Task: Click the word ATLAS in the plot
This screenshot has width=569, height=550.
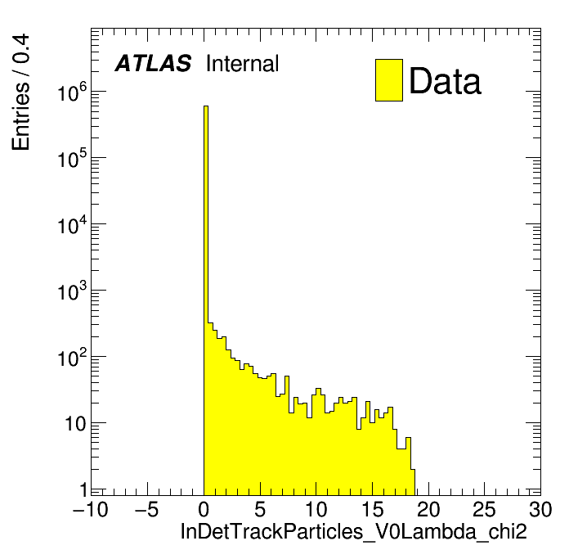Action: pyautogui.click(x=153, y=63)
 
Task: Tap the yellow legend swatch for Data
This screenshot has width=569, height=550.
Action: pyautogui.click(x=389, y=80)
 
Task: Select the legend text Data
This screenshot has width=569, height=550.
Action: pyautogui.click(x=445, y=80)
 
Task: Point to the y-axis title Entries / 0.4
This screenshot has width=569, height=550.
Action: pyautogui.click(x=20, y=92)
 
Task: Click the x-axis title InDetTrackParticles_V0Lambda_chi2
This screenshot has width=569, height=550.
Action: pyautogui.click(x=353, y=531)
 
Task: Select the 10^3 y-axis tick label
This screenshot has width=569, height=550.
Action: pyautogui.click(x=72, y=291)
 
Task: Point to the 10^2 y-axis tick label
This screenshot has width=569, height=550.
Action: pyautogui.click(x=72, y=358)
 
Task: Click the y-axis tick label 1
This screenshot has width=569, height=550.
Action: pyautogui.click(x=84, y=490)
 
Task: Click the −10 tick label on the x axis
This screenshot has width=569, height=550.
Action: pyautogui.click(x=91, y=509)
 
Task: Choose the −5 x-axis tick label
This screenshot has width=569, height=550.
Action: pyautogui.click(x=146, y=509)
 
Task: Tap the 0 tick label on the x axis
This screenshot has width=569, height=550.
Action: pyautogui.click(x=204, y=509)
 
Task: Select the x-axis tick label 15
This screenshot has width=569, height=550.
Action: pyautogui.click(x=372, y=509)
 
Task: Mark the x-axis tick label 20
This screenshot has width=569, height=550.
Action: pyautogui.click(x=428, y=509)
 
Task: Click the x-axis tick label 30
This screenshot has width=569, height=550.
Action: pyautogui.click(x=540, y=509)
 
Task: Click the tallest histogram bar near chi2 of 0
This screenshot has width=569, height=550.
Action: pyautogui.click(x=206, y=300)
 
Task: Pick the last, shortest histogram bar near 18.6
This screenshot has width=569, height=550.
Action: pyautogui.click(x=413, y=482)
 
